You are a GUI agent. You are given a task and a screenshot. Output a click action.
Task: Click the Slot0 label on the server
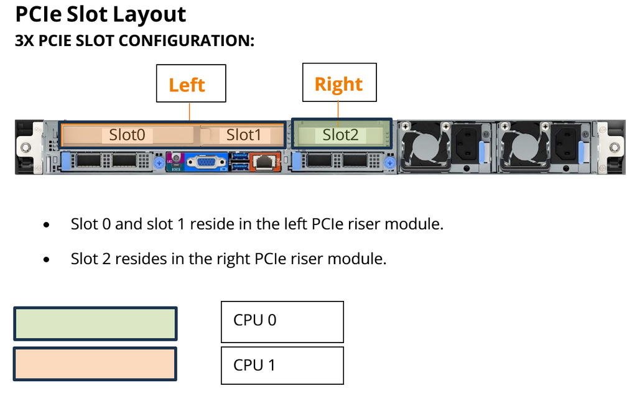pos(127,135)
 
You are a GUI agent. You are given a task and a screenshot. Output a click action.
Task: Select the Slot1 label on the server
pos(243,135)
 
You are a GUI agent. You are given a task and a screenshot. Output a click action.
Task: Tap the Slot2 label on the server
pos(340,135)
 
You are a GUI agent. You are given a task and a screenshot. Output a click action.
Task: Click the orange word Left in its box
pos(187,85)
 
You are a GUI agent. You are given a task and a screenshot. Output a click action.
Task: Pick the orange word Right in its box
pos(338,83)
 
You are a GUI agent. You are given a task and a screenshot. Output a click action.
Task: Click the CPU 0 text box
pos(282,321)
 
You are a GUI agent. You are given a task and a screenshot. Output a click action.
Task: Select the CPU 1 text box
pos(282,366)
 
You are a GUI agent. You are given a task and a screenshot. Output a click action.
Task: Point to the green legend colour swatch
pos(95,323)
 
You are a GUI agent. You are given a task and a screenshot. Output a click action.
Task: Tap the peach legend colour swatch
pos(95,364)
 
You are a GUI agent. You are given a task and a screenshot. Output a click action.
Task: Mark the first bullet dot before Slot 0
pos(47,225)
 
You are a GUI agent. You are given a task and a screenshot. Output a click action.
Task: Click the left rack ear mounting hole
pos(25,147)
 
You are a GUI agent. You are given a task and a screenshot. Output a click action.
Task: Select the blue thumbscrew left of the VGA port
pos(161,163)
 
